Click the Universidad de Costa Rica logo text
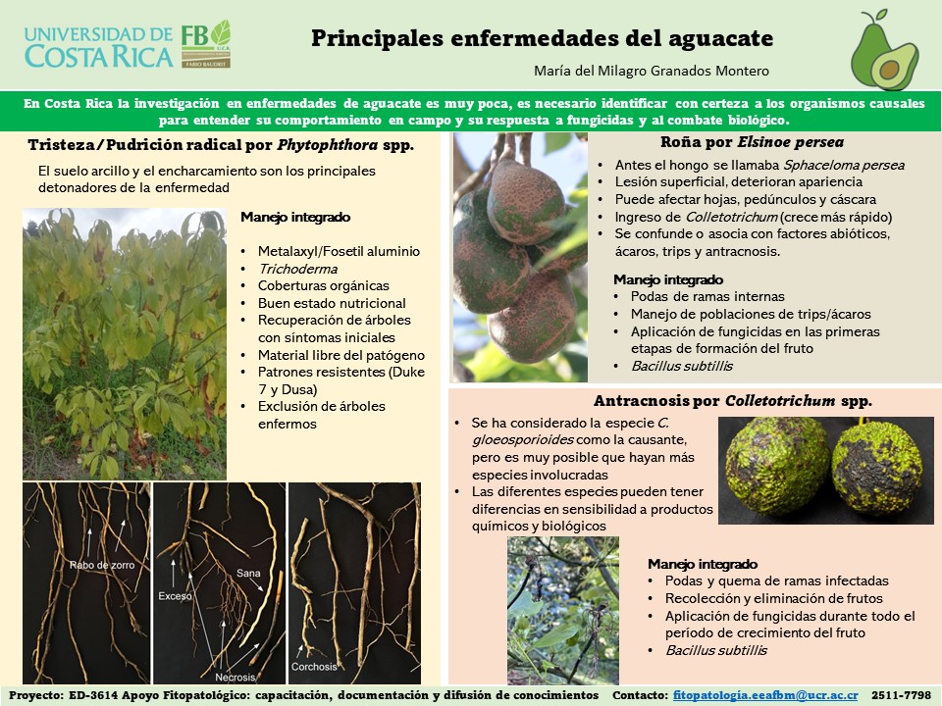98,47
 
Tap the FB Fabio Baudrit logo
206,44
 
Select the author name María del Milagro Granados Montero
652,71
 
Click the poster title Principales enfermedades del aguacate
542,38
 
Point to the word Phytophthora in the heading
328,145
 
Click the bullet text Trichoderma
298,269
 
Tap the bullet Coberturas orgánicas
323,285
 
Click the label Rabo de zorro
101,565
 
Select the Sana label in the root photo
248,574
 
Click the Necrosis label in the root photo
235,678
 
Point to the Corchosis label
314,667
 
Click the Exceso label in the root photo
175,596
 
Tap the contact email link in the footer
765,695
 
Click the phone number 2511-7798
901,695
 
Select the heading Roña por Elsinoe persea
753,142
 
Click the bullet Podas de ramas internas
707,296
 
